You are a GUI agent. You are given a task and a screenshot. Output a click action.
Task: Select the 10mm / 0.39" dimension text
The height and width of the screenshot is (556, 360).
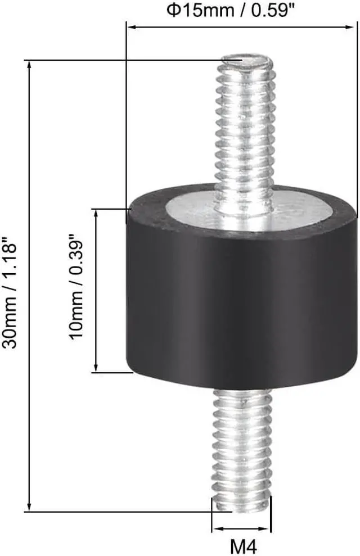point(76,289)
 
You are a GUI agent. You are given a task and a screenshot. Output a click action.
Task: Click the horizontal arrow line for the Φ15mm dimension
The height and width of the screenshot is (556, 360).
point(241,26)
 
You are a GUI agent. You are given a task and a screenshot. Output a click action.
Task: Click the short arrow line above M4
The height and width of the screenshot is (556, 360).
point(242,529)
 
